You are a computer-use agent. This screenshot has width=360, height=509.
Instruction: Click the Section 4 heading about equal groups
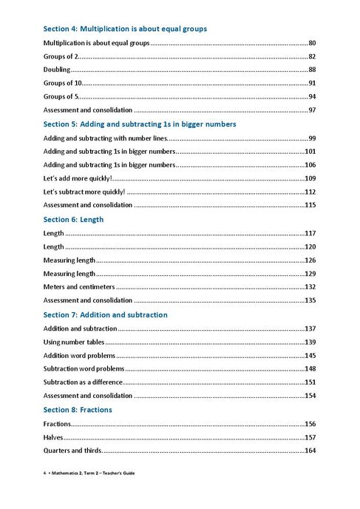pyautogui.click(x=125, y=29)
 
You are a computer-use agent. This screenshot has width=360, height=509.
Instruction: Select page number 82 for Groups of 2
pyautogui.click(x=313, y=57)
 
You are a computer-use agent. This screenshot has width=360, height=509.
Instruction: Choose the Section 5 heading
pyautogui.click(x=140, y=124)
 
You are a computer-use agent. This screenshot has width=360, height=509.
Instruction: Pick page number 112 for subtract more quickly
pyautogui.click(x=310, y=192)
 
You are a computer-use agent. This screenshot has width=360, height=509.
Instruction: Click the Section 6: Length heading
pyautogui.click(x=73, y=220)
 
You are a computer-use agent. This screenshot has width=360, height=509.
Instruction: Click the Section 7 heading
pyautogui.click(x=106, y=315)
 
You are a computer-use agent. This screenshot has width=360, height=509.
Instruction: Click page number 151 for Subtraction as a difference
pyautogui.click(x=310, y=382)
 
